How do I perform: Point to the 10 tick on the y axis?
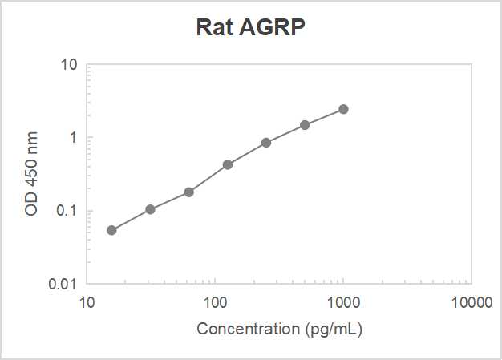pos(69,64)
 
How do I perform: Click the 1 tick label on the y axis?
pos(73,138)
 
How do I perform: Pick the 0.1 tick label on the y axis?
pos(67,211)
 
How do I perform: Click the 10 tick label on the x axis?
pos(87,303)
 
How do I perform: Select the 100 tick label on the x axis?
pos(215,303)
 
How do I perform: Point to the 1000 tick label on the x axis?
pos(343,303)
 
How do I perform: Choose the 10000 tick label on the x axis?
pos(471,303)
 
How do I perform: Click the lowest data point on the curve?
pos(111,230)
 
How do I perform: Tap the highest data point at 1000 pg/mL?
pos(343,109)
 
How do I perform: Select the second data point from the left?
pos(150,209)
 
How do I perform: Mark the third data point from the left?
pos(189,192)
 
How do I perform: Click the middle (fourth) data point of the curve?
pos(228,164)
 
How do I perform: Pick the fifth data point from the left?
pos(266,143)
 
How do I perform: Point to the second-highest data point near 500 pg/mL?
pos(305,125)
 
